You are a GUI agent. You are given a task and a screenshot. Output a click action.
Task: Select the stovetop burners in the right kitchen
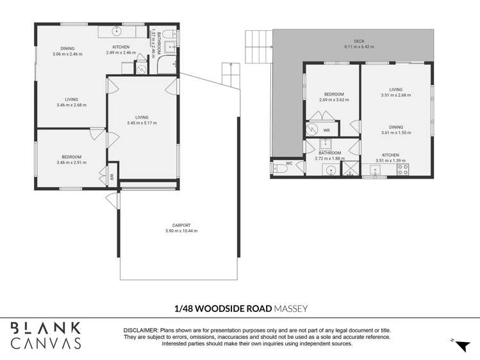404,170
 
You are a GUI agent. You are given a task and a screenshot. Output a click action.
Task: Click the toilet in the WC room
279,170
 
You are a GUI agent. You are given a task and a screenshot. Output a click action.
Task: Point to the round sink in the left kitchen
117,31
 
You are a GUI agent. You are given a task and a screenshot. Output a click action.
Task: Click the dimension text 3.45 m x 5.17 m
142,123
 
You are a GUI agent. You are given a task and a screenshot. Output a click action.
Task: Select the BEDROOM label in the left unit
71,157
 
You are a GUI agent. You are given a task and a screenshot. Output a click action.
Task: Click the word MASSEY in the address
291,308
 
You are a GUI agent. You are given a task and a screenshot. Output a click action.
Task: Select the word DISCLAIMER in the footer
142,329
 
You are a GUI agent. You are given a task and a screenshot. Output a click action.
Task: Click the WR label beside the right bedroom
326,130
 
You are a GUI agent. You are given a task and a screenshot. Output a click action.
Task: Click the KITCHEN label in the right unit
390,155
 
